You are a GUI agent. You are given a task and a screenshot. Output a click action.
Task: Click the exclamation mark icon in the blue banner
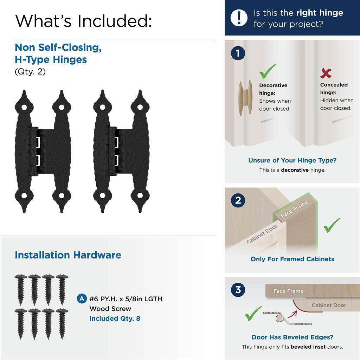tap(239, 18)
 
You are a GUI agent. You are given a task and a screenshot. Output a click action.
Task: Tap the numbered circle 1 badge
tap(238, 53)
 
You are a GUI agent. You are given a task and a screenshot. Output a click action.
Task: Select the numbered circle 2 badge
tap(238, 200)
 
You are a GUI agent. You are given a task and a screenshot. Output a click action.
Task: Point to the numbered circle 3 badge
tap(238, 290)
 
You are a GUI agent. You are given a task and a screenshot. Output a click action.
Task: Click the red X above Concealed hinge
tap(326, 73)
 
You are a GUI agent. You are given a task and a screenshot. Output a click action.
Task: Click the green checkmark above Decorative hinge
tap(268, 71)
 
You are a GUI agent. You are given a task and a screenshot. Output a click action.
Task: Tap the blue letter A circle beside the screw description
tap(82, 299)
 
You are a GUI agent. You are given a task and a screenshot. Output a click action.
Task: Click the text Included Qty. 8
tap(115, 319)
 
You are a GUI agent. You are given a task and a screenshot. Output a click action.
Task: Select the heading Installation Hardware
tap(68, 255)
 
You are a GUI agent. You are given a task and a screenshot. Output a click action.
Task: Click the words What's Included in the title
tap(84, 21)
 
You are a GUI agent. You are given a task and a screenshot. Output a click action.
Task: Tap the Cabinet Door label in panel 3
tap(329, 305)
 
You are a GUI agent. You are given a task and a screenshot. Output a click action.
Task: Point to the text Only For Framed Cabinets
tap(292, 259)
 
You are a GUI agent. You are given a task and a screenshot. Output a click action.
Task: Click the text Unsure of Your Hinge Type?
tap(292, 160)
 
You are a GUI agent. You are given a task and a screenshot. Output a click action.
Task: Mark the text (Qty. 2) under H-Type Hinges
tap(30, 72)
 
